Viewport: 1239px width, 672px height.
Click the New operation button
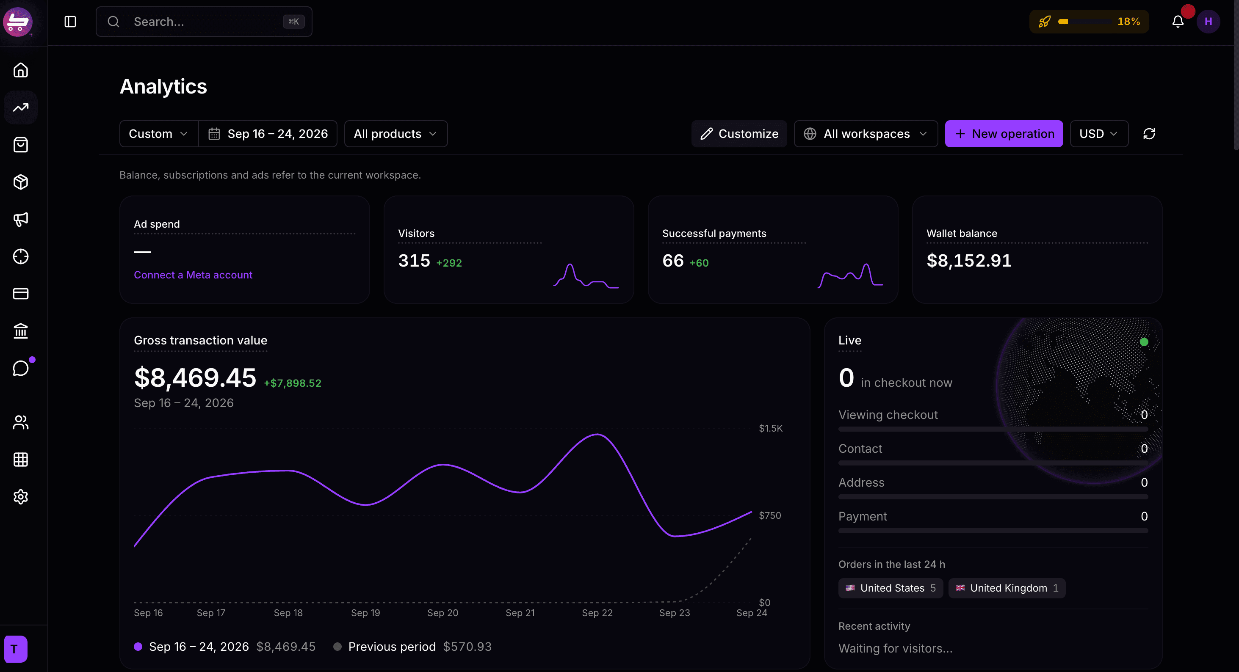pos(1004,134)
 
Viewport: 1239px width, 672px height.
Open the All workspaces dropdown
pos(865,134)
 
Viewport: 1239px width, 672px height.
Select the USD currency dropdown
pos(1098,134)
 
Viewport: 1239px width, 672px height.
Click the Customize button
pos(739,134)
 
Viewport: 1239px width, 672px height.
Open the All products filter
pos(395,134)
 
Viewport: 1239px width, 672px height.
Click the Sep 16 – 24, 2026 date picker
pos(268,134)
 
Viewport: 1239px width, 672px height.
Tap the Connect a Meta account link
pos(193,275)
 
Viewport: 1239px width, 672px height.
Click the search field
pos(204,22)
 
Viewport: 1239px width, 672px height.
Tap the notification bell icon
pos(1178,22)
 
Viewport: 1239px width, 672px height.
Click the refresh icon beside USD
pos(1149,134)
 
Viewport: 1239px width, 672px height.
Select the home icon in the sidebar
pos(21,70)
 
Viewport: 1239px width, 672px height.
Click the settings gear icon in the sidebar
pos(21,496)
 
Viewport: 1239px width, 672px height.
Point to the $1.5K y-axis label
pos(771,428)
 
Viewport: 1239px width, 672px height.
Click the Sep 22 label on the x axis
pos(597,613)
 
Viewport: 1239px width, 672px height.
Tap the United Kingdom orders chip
pos(1007,588)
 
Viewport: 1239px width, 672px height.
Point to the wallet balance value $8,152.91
pos(969,261)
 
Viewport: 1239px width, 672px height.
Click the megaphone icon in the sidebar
pos(21,219)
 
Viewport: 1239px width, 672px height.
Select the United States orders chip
pos(890,588)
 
